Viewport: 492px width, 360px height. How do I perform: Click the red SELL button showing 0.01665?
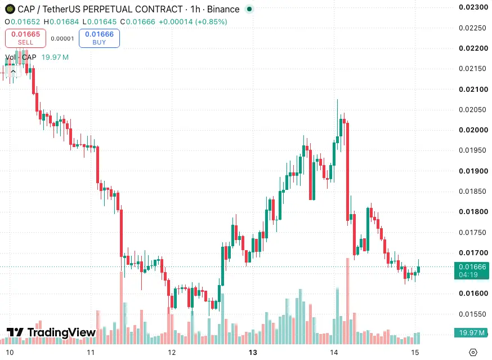25,38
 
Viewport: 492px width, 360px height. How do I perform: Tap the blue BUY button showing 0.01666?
99,38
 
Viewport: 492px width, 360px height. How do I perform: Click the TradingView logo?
51,332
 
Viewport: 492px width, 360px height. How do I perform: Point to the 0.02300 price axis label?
473,7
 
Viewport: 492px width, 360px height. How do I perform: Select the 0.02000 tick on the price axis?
473,130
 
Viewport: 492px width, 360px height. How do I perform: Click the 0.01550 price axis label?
472,314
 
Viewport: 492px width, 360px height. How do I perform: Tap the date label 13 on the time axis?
253,353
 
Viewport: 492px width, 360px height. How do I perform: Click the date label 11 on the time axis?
91,353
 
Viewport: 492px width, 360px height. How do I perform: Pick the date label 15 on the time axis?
415,353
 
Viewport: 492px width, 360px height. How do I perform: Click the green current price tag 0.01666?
472,270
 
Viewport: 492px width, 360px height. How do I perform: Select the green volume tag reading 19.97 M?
472,332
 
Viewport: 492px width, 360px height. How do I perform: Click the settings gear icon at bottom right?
473,352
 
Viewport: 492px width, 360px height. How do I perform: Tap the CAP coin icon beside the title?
10,10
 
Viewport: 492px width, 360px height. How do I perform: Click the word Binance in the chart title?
223,10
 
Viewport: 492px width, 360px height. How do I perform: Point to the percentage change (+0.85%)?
211,22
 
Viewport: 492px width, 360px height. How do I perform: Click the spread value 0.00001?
62,39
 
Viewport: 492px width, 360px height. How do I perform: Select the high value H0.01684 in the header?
61,22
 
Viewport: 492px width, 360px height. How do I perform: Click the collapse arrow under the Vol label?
13,72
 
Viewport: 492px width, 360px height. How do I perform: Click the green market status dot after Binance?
249,10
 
